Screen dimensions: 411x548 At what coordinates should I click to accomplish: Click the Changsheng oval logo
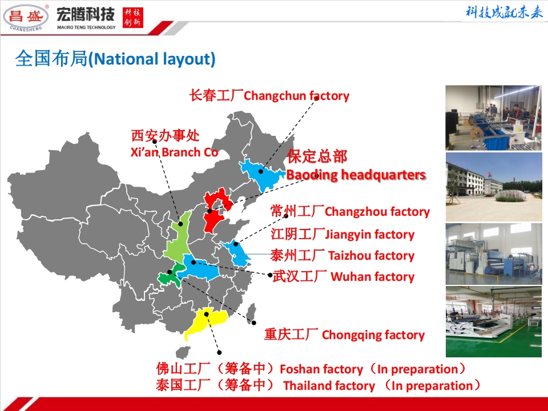[26, 17]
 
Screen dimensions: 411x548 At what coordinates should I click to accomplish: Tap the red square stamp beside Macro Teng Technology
[134, 17]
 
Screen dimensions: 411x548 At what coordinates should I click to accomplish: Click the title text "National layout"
[115, 59]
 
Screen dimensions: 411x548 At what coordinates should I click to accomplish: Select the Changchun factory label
[269, 95]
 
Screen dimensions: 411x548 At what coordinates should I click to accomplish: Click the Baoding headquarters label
[356, 166]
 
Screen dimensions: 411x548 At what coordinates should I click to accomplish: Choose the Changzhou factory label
[349, 212]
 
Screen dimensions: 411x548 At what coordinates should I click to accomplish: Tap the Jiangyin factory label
[342, 234]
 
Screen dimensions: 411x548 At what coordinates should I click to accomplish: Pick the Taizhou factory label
[342, 255]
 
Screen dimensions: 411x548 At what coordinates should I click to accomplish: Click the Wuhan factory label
[343, 277]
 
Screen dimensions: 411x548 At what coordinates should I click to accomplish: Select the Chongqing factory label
[344, 335]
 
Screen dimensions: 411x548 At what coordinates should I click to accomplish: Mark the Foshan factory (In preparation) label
[311, 369]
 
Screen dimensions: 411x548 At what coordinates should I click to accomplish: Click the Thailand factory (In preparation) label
[318, 385]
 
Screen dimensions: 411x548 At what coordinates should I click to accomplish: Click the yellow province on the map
[204, 323]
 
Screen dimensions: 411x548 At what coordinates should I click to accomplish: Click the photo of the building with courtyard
[493, 187]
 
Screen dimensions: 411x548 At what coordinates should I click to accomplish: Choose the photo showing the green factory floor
[493, 321]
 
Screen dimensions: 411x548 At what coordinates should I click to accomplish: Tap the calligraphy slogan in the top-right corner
[503, 13]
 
